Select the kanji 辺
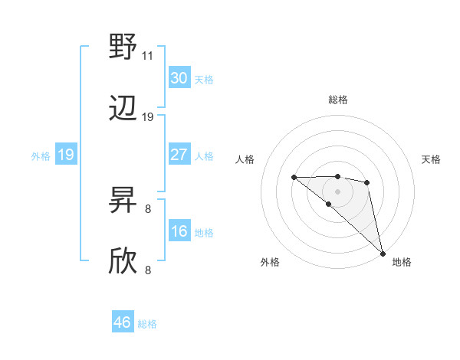(123, 109)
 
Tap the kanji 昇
(123, 201)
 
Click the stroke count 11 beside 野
(148, 56)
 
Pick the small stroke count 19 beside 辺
(148, 117)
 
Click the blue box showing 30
(179, 78)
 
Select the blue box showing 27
(179, 155)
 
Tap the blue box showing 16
(179, 231)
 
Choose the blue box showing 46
(123, 322)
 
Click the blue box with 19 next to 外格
(65, 155)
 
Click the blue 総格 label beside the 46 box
(147, 324)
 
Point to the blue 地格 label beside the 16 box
(204, 232)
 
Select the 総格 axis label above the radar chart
(337, 100)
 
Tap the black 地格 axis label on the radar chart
(402, 262)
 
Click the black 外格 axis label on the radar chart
(270, 262)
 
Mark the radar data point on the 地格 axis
(383, 253)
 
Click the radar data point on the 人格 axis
(294, 178)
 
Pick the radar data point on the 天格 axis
(367, 182)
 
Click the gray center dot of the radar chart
(337, 191)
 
